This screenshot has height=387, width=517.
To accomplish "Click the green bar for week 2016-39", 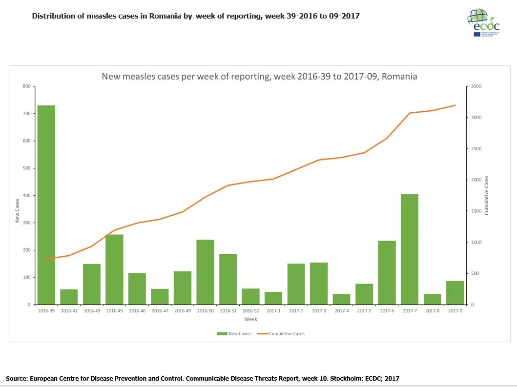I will (x=46, y=205).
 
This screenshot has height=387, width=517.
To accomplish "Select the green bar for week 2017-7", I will (x=409, y=249).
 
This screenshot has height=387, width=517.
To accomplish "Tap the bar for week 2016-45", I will (x=114, y=269).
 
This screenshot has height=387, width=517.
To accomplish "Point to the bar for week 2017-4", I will (x=341, y=299).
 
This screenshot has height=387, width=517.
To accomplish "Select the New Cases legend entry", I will (x=233, y=334).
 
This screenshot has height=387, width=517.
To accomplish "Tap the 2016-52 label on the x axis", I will (x=250, y=311).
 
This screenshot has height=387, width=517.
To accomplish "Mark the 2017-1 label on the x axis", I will (x=273, y=311).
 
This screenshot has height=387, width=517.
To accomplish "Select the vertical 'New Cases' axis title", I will (x=17, y=211).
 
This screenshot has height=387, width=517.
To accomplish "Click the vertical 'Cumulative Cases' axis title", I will (x=486, y=195).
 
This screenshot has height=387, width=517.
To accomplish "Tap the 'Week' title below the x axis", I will (x=250, y=319).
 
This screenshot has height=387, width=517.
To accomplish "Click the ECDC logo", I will (x=483, y=22).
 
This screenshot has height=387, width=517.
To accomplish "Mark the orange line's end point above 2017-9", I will (x=455, y=105).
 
